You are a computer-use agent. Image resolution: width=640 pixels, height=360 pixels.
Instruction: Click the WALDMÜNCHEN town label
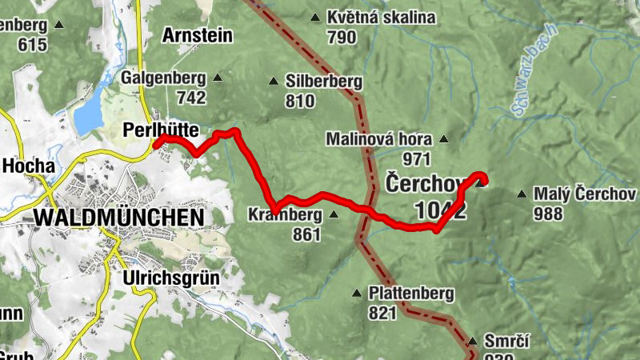118,217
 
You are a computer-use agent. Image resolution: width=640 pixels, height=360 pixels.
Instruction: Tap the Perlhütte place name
161,129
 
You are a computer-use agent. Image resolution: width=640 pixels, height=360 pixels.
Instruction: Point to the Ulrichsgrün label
170,278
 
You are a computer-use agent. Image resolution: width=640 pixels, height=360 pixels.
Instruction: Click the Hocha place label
29,166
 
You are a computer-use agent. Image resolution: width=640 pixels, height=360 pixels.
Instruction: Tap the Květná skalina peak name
381,17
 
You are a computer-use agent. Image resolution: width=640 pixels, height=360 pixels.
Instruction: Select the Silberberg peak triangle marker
274,81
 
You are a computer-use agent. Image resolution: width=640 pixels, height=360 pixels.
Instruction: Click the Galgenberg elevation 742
191,98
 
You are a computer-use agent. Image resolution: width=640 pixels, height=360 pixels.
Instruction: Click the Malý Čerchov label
586,194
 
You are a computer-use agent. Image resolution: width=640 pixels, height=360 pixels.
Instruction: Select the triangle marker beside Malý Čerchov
522,194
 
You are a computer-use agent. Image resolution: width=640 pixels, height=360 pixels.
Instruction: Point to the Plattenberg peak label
411,293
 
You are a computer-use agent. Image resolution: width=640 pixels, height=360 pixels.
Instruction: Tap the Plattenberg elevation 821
382,314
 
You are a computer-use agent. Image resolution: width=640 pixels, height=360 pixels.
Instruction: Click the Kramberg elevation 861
306,234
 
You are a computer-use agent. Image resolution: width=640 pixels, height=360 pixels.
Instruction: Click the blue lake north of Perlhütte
88,110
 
